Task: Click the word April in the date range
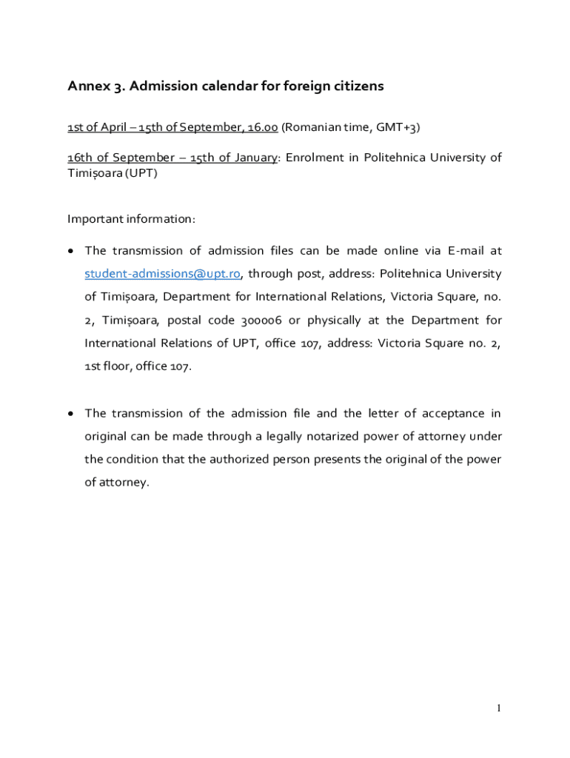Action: coord(113,128)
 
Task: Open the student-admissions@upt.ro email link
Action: coord(163,274)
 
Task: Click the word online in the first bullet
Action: coord(400,251)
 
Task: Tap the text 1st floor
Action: coord(108,366)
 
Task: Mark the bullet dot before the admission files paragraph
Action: coord(70,252)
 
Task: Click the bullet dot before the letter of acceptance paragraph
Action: coord(70,413)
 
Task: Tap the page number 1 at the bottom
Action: coord(499,708)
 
